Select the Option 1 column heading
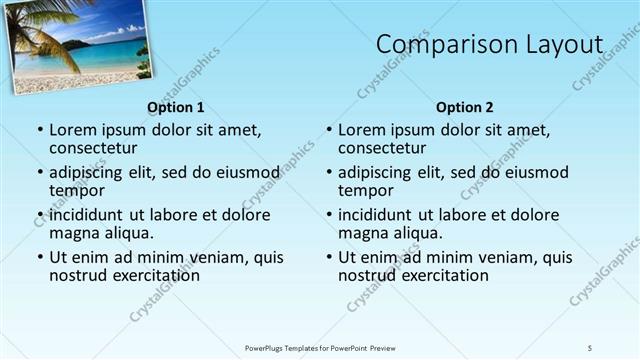176,107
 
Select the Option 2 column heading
465,107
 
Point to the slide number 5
590,348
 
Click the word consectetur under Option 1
94,148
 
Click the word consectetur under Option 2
383,148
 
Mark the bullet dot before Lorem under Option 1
40,131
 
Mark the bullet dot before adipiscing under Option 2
329,173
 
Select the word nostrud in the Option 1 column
77,275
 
